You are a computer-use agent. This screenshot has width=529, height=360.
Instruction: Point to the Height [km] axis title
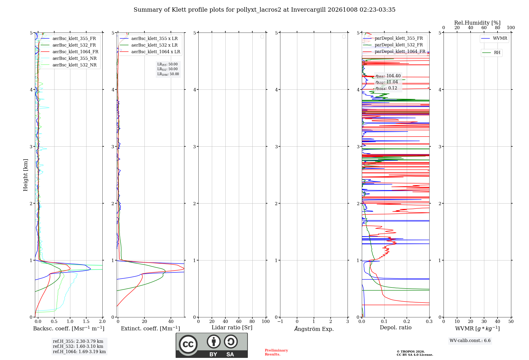[x=25, y=175]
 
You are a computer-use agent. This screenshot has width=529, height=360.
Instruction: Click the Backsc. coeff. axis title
[x=69, y=328]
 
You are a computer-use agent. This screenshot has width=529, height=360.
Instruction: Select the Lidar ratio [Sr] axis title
[x=232, y=327]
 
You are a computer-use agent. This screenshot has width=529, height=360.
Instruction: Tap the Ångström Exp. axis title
[x=314, y=328]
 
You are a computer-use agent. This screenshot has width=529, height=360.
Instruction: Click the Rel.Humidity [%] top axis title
[x=477, y=23]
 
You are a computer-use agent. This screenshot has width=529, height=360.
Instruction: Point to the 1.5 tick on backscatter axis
[x=86, y=321]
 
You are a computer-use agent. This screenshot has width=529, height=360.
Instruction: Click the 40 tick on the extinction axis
[x=171, y=321]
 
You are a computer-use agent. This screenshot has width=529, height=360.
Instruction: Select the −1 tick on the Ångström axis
[x=280, y=321]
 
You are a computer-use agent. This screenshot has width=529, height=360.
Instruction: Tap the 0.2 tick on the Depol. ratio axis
[x=407, y=321]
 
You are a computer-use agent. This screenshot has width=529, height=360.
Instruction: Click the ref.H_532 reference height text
[x=78, y=346]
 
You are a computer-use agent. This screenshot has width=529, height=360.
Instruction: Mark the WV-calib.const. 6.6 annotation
[x=470, y=340]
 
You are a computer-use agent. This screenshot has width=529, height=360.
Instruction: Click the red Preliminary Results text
[x=276, y=352]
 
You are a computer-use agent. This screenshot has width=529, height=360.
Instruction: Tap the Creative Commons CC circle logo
[x=188, y=344]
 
